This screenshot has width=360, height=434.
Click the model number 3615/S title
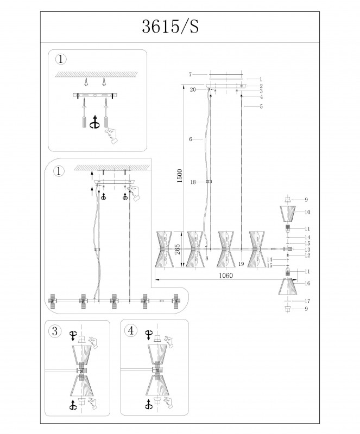170,27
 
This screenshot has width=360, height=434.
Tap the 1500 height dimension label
180,176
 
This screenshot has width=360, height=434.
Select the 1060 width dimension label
226,276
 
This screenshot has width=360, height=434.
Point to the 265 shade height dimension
178,249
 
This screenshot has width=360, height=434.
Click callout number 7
190,74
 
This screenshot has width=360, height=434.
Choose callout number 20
193,90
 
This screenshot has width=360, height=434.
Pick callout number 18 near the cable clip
193,182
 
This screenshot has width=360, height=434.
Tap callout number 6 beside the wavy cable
191,139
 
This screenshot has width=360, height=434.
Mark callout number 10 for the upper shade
307,212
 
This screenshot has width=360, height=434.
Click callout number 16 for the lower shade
307,283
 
